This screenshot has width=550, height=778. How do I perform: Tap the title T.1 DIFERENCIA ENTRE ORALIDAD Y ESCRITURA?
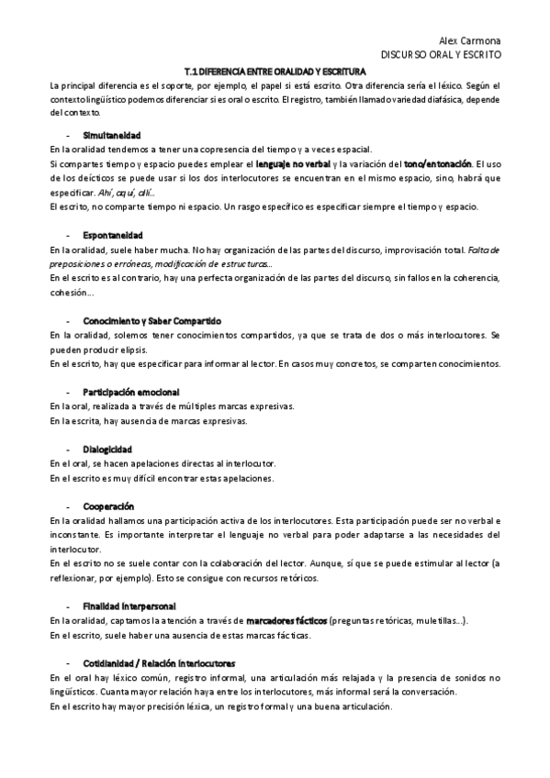275,71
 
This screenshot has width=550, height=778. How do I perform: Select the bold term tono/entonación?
438,162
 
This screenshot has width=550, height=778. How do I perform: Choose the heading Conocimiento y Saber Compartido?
152,321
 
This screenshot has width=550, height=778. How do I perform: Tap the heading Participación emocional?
137,392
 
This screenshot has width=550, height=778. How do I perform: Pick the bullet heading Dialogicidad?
107,449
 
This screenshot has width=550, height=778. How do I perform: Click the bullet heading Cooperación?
108,506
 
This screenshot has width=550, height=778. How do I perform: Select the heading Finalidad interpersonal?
129,606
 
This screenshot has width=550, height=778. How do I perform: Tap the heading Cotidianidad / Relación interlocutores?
159,663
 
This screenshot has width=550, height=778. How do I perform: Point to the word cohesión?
71,293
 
